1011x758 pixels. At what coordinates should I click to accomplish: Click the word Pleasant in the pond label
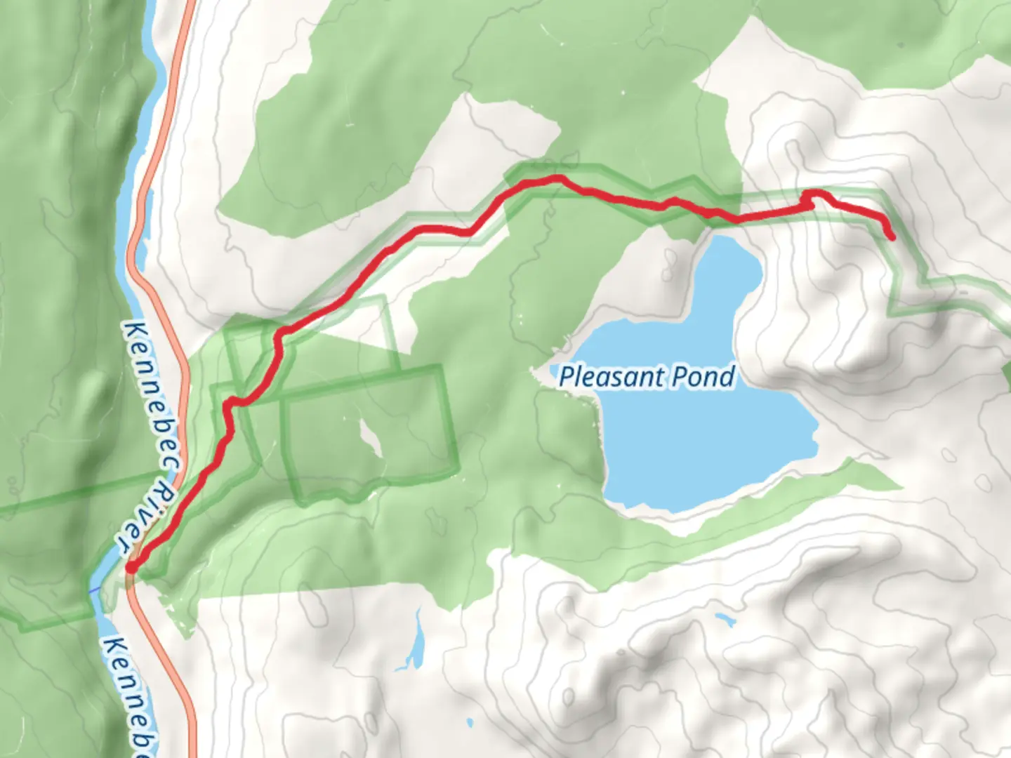[612, 377]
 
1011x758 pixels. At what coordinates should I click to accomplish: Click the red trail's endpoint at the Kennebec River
[131, 567]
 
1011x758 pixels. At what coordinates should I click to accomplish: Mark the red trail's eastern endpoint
[892, 237]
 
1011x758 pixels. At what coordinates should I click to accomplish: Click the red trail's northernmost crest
[557, 179]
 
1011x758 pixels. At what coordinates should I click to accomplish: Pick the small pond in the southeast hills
[723, 619]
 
